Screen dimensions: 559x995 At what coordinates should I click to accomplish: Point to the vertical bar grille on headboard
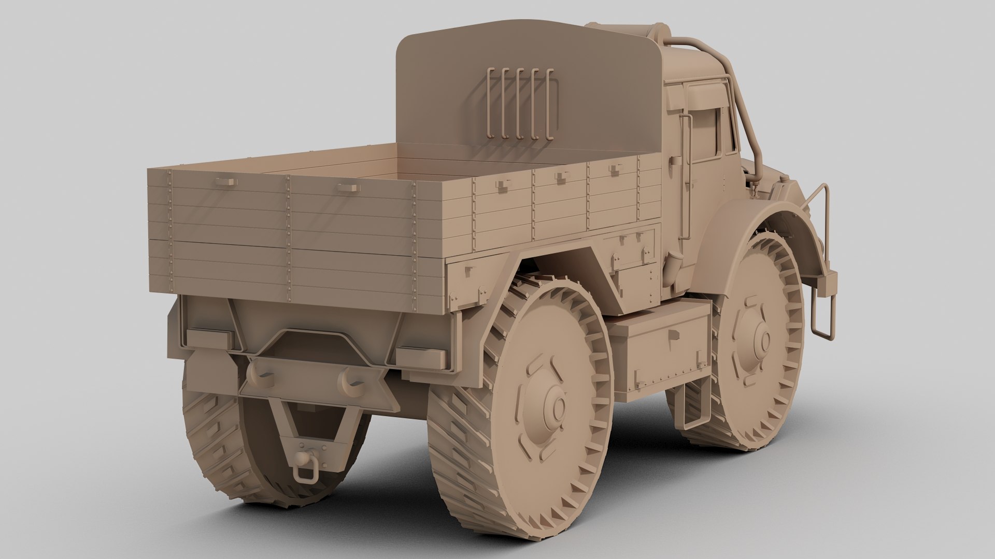(x=521, y=104)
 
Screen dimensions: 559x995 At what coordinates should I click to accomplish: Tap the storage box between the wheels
(x=658, y=352)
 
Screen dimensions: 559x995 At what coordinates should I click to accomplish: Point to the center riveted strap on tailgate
(x=289, y=238)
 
